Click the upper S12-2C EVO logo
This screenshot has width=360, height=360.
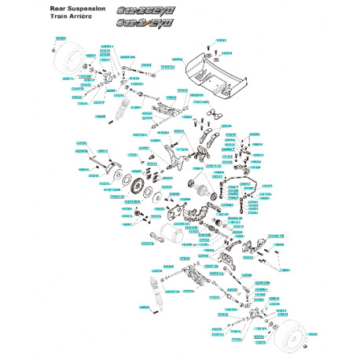pos(141,11)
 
